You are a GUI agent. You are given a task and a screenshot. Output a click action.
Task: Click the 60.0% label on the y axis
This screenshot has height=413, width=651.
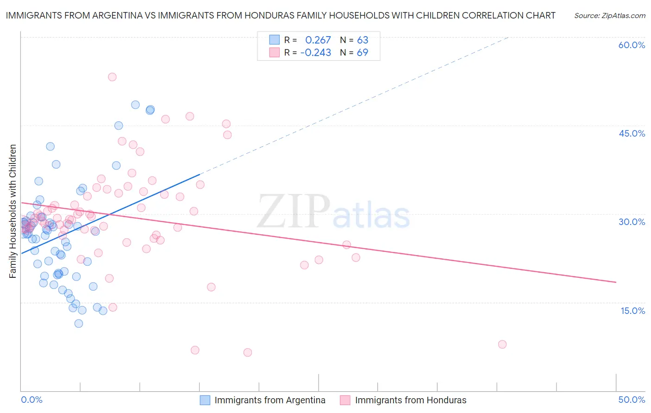click(x=632, y=45)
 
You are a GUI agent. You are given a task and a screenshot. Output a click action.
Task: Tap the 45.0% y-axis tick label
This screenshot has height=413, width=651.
click(x=632, y=133)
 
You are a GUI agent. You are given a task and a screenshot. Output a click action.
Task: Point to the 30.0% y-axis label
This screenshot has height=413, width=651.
click(x=632, y=222)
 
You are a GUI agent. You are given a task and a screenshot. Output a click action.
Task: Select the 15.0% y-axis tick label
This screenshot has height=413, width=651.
click(x=632, y=311)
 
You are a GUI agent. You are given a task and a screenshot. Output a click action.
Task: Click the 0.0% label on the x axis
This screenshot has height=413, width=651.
click(x=31, y=400)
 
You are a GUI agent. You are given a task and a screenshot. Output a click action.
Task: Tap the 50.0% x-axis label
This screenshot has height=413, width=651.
click(x=632, y=400)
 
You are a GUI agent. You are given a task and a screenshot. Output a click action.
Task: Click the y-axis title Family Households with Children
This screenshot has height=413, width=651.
click(x=13, y=211)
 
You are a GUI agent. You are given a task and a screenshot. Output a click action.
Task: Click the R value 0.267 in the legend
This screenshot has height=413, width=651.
click(x=318, y=40)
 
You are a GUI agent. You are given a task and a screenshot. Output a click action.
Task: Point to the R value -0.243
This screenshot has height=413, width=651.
click(x=316, y=53)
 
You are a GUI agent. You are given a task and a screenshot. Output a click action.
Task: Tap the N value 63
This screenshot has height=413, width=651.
click(x=362, y=40)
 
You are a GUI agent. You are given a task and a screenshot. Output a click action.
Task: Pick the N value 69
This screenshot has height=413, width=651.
click(x=362, y=53)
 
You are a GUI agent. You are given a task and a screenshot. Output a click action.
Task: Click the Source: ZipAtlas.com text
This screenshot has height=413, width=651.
click(x=609, y=16)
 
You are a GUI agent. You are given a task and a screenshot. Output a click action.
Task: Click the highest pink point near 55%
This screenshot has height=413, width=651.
click(x=112, y=77)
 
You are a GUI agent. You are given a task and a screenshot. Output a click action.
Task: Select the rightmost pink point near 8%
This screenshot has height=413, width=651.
click(x=502, y=344)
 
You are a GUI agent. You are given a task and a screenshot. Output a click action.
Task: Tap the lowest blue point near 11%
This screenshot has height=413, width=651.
click(x=79, y=324)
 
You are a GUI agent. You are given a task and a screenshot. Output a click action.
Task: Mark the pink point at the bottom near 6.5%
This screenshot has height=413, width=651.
click(x=248, y=352)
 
